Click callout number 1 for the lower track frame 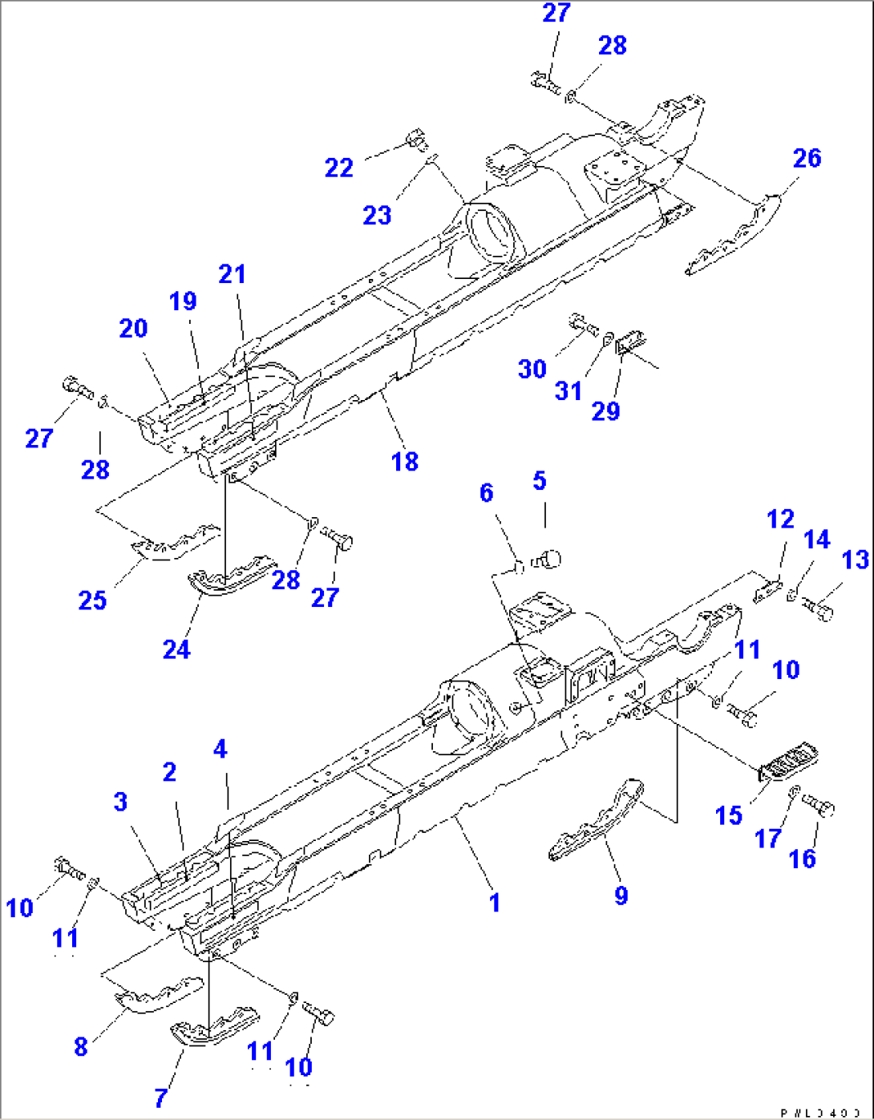click(495, 902)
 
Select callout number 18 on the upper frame click(405, 461)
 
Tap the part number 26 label click(807, 158)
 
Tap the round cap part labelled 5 click(548, 558)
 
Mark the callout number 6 click(486, 492)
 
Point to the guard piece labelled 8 click(159, 994)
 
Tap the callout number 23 click(376, 215)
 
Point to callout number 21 click(232, 274)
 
